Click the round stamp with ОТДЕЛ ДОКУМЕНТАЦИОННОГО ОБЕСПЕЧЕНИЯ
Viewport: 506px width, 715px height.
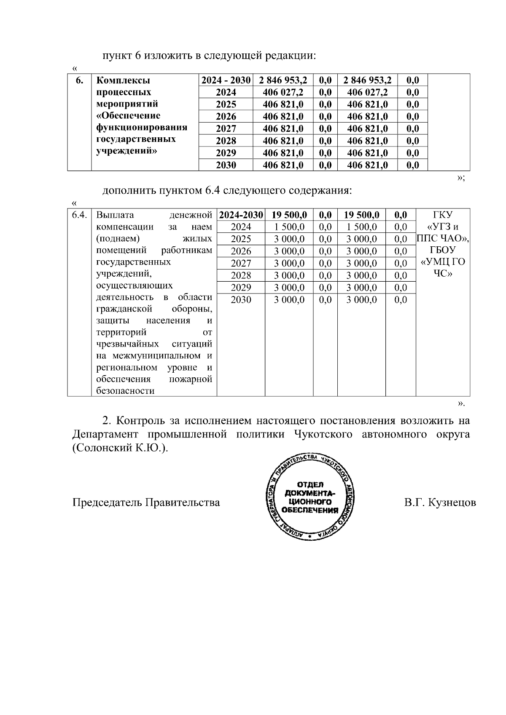(312, 497)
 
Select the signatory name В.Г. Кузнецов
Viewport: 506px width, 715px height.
(440, 502)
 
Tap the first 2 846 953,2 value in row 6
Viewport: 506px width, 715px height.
(283, 80)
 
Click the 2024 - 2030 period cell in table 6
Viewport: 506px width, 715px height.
(226, 80)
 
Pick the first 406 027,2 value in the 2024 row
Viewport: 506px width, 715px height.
(283, 92)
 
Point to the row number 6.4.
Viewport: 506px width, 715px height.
(79, 215)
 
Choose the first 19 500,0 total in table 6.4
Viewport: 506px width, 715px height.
(289, 215)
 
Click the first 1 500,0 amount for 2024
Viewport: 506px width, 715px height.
(289, 227)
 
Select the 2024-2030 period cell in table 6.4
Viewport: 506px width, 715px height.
(241, 215)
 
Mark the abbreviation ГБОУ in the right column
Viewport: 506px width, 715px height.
(443, 250)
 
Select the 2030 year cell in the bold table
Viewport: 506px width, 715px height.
(226, 165)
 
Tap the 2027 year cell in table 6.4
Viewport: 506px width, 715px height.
(241, 264)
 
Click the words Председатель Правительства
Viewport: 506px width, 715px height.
(146, 502)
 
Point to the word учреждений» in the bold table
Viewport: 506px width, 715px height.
(126, 151)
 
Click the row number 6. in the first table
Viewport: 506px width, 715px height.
(79, 80)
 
